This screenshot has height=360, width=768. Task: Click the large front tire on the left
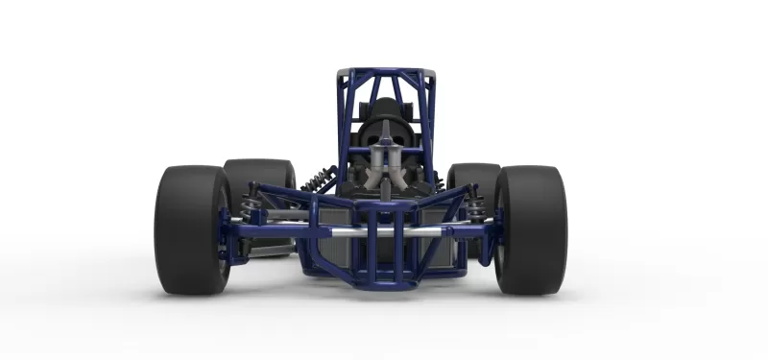(189, 230)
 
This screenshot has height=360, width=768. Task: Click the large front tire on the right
(531, 230)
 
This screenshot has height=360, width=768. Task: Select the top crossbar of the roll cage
(385, 72)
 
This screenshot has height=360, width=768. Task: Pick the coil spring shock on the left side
(319, 179)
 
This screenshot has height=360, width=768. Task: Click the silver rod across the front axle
(384, 231)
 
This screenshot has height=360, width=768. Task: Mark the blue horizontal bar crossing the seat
(384, 151)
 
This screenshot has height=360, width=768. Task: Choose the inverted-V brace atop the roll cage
(384, 86)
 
